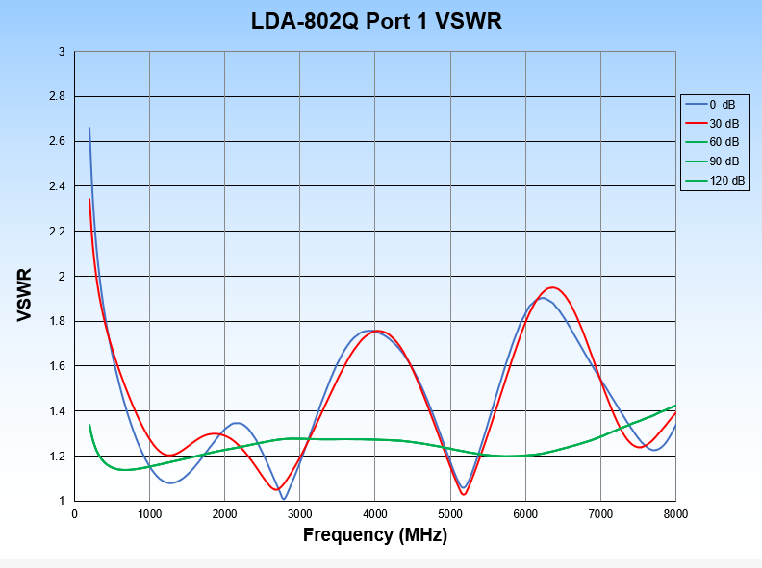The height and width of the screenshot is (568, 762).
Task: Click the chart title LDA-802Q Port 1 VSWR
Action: click(x=376, y=21)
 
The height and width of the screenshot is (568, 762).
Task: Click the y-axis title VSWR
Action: click(x=25, y=295)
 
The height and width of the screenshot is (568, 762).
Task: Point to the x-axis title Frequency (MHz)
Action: click(x=375, y=535)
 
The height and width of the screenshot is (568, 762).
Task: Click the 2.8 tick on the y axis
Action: click(x=57, y=97)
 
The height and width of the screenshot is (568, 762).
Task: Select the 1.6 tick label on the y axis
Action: click(x=57, y=366)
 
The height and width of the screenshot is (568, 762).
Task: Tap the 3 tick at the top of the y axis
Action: click(x=62, y=52)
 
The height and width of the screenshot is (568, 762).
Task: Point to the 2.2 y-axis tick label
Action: click(x=57, y=232)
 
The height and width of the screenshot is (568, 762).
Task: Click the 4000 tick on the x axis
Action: click(x=375, y=514)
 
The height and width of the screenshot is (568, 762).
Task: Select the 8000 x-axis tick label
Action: click(x=675, y=514)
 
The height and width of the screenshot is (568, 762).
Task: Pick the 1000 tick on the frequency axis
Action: click(x=150, y=514)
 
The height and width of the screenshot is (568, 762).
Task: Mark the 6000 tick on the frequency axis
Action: click(x=525, y=514)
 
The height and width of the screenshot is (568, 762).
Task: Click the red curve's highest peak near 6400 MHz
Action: click(x=552, y=287)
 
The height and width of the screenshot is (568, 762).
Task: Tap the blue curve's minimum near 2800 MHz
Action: click(x=284, y=498)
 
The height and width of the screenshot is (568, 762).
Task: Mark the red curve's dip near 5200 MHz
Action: click(x=464, y=494)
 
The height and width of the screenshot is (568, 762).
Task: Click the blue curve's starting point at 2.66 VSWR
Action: click(x=89, y=128)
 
